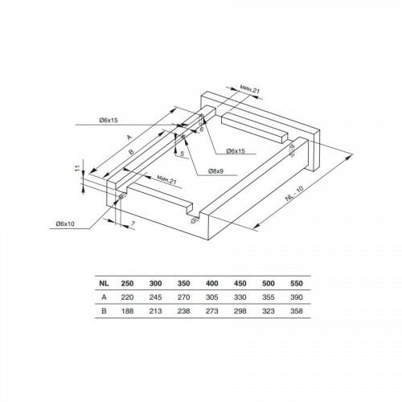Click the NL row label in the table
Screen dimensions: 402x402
(104, 283)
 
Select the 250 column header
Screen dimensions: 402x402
(127, 283)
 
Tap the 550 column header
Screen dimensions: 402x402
(297, 283)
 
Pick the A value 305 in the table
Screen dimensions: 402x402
(212, 297)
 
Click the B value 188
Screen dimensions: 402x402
(127, 311)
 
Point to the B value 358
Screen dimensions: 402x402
(297, 311)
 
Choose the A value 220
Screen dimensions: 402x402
(127, 297)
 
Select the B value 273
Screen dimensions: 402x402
(212, 311)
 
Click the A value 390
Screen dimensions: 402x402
(297, 297)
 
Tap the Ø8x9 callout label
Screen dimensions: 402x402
(215, 171)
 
